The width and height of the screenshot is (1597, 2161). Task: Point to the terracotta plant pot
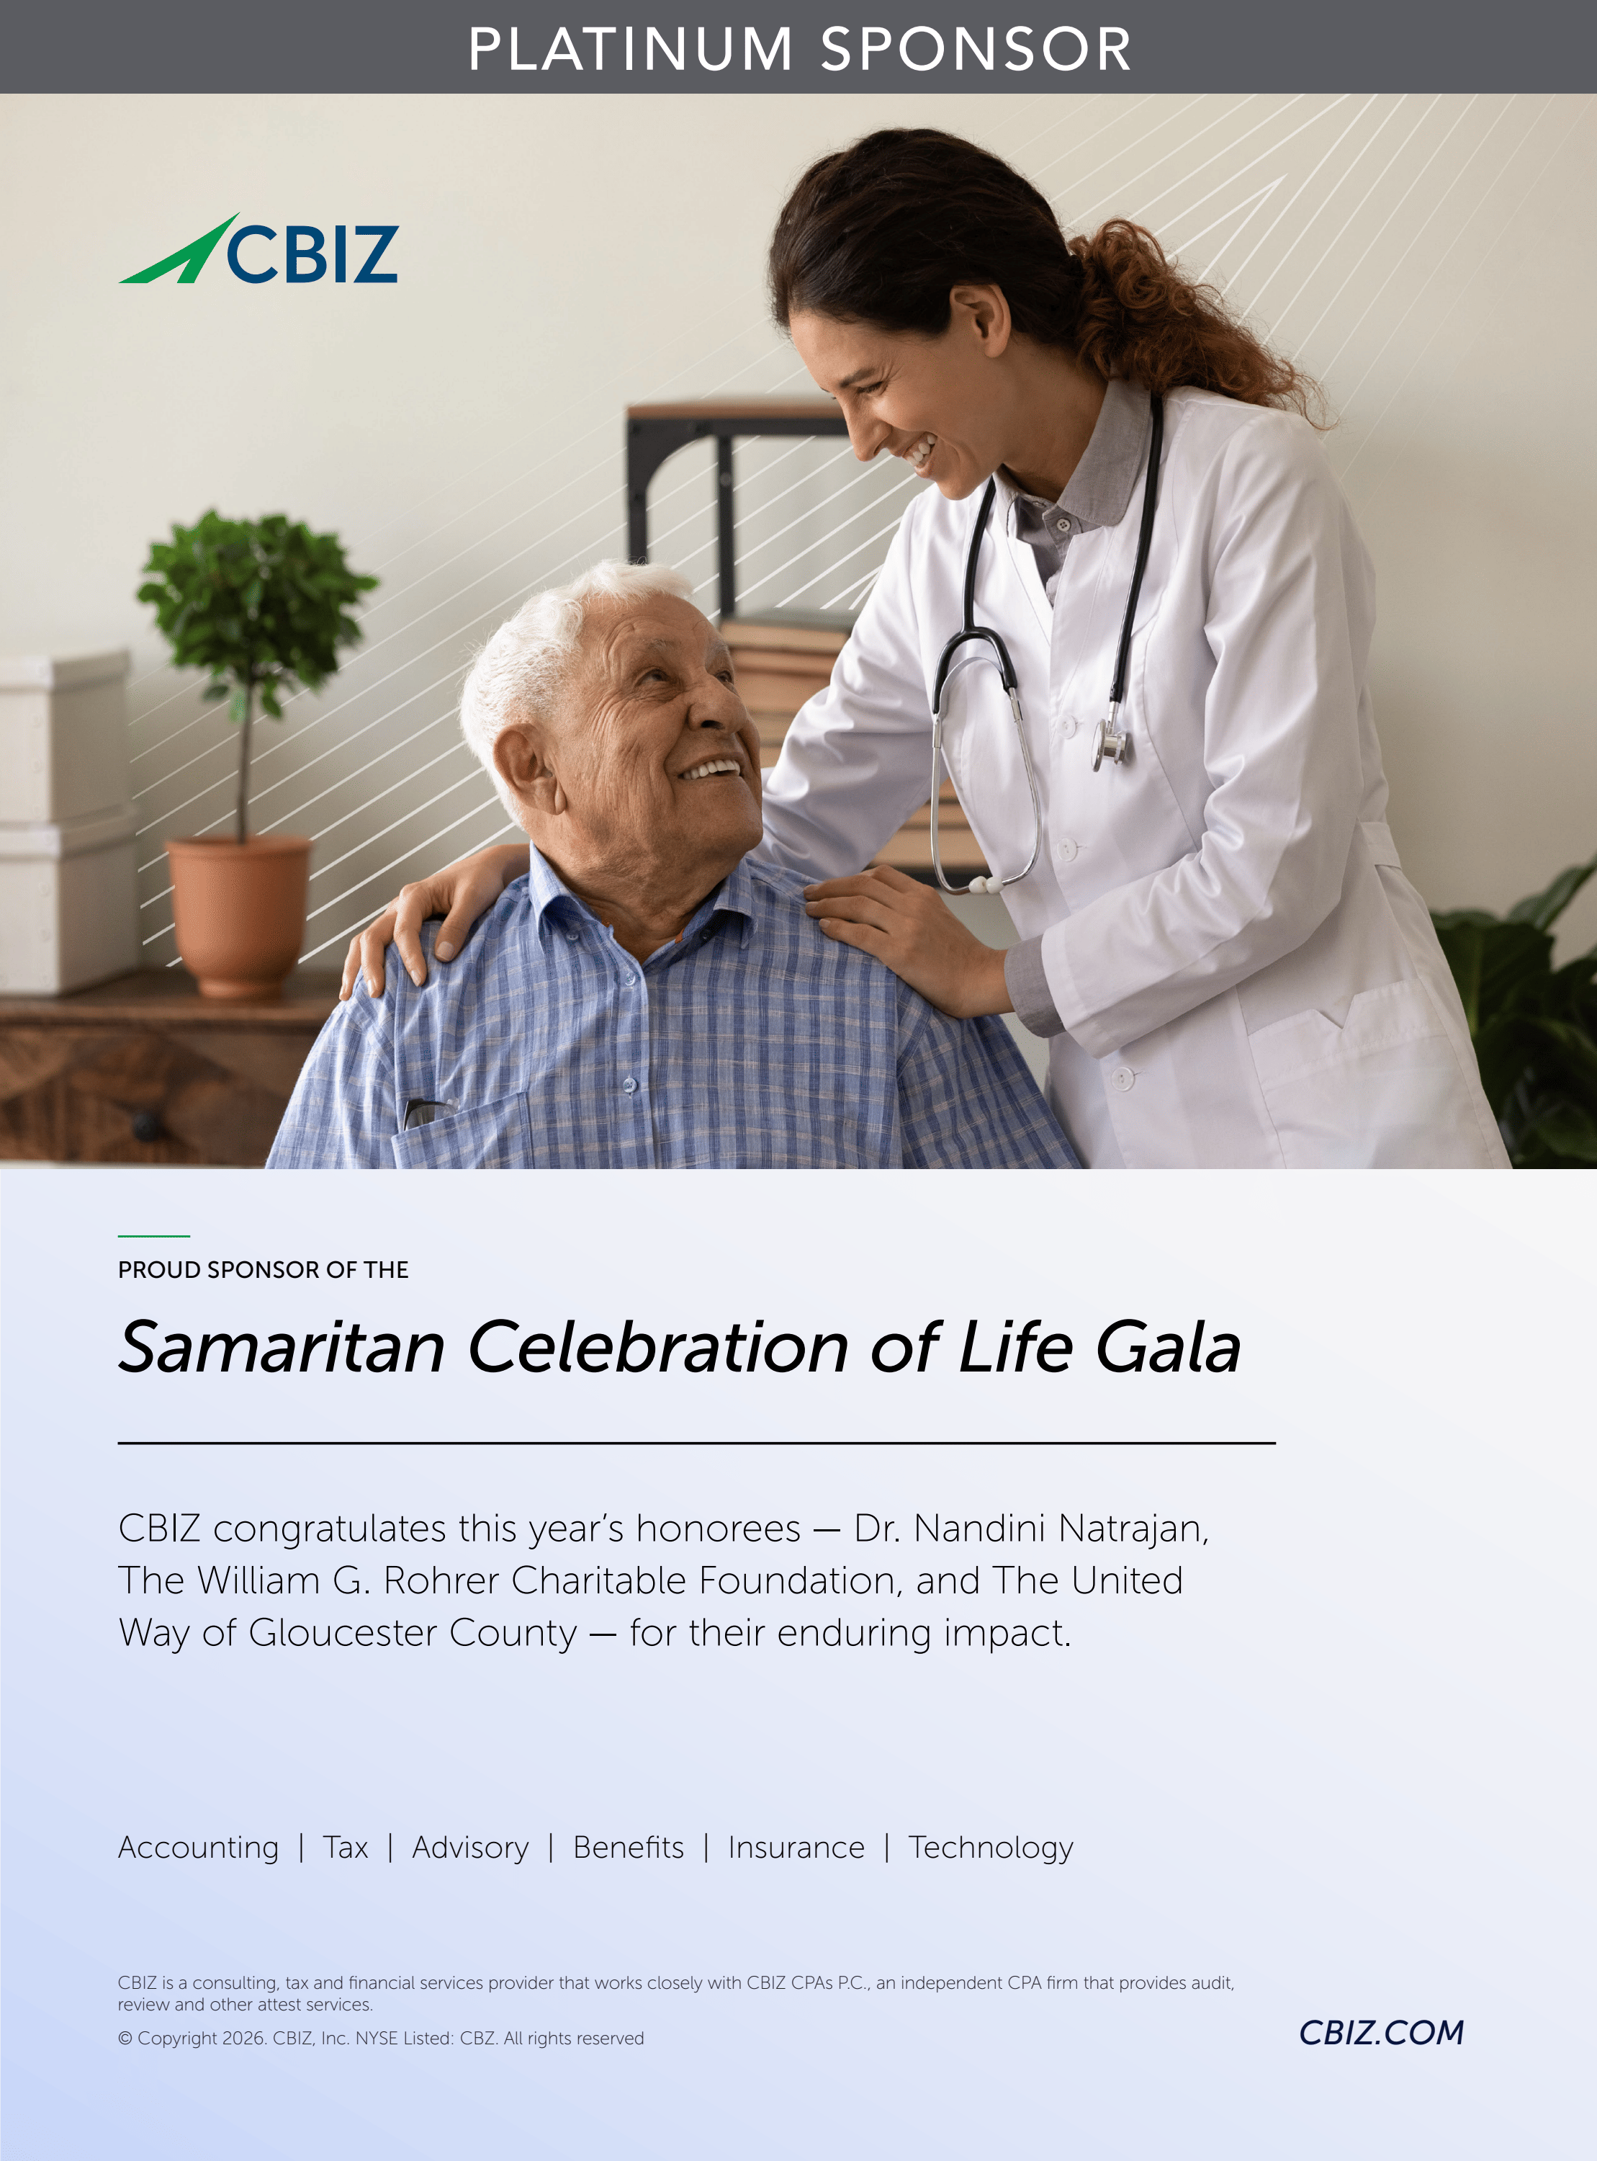pos(238,913)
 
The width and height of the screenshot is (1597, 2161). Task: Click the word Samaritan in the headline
pos(282,1347)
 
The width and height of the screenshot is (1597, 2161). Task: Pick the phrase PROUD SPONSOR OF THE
pos(263,1269)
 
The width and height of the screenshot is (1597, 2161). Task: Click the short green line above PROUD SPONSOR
pos(153,1235)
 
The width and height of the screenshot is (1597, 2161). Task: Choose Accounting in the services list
pos(198,1848)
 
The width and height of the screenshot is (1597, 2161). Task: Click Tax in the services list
pos(345,1847)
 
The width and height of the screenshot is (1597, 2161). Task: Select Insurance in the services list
pos(796,1847)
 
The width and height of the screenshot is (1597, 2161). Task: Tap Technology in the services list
pos(991,1848)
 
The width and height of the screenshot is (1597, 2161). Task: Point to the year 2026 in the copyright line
pos(243,2039)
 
